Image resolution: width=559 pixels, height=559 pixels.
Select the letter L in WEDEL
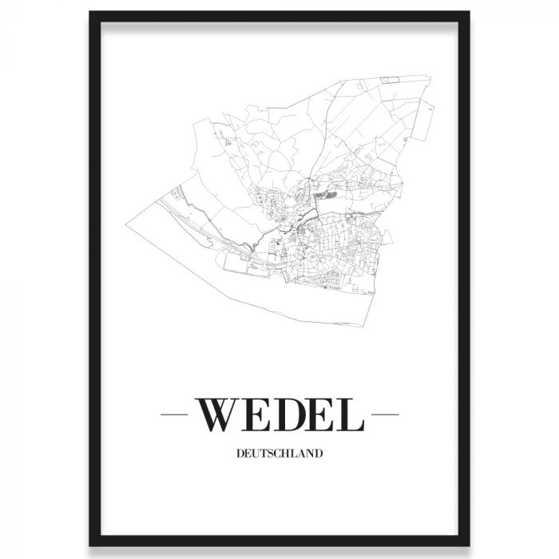351,414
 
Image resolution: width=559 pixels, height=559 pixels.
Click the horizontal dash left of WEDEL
173,414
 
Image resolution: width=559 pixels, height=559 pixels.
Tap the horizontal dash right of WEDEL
386,414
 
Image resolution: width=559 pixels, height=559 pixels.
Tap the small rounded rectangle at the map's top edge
391,79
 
